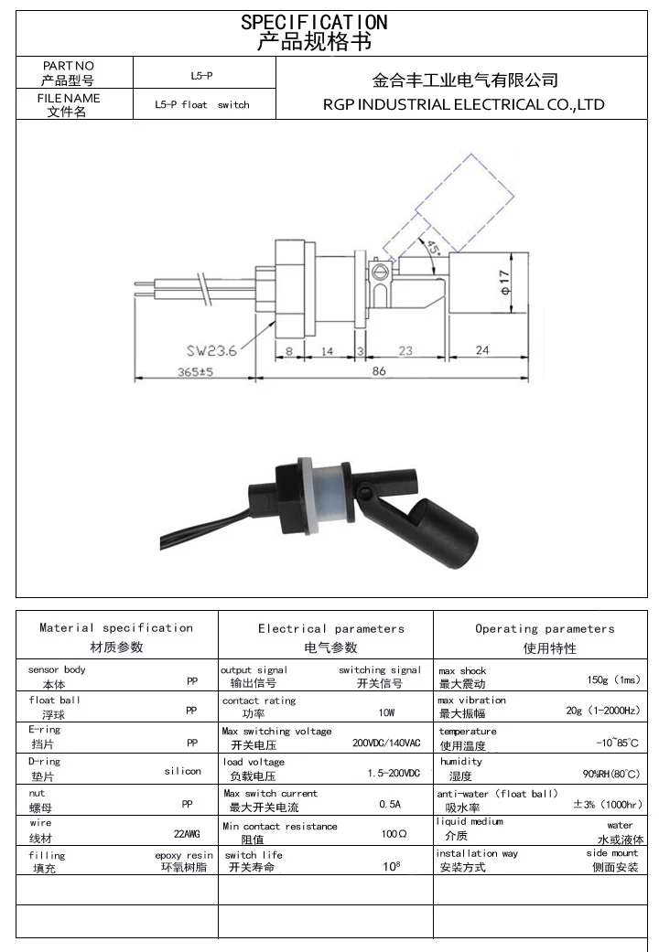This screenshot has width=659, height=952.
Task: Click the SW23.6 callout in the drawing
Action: point(211,349)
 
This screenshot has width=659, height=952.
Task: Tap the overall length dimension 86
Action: point(378,370)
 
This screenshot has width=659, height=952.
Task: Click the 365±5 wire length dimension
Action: point(193,372)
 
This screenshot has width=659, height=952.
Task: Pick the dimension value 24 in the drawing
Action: point(482,349)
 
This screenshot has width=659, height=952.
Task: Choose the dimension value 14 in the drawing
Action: point(327,350)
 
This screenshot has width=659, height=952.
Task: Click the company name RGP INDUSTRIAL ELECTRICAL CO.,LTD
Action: point(463,104)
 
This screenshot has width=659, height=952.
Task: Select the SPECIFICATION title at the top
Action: point(314,22)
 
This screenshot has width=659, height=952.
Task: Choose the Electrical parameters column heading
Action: point(330,628)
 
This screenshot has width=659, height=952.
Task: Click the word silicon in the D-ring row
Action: point(182,771)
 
